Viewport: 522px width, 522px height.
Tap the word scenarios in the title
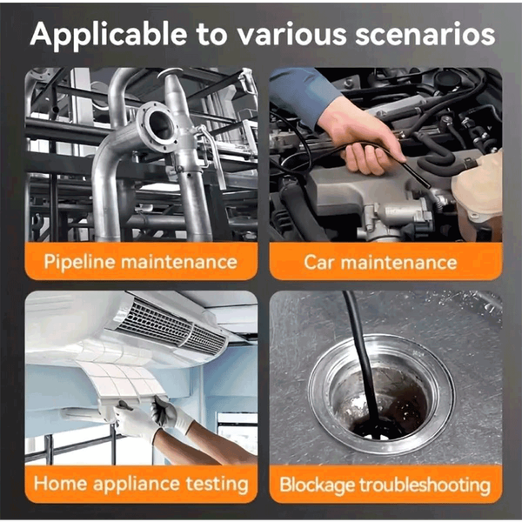tap(425, 34)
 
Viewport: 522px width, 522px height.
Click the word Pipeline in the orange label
tap(79, 263)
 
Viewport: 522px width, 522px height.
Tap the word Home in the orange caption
tap(60, 483)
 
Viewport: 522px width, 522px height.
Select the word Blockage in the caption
tap(317, 485)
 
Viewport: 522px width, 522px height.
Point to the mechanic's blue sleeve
tap(301, 93)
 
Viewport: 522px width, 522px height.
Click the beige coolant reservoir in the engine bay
tap(478, 193)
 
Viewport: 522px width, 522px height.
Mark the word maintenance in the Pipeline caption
tap(178, 262)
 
